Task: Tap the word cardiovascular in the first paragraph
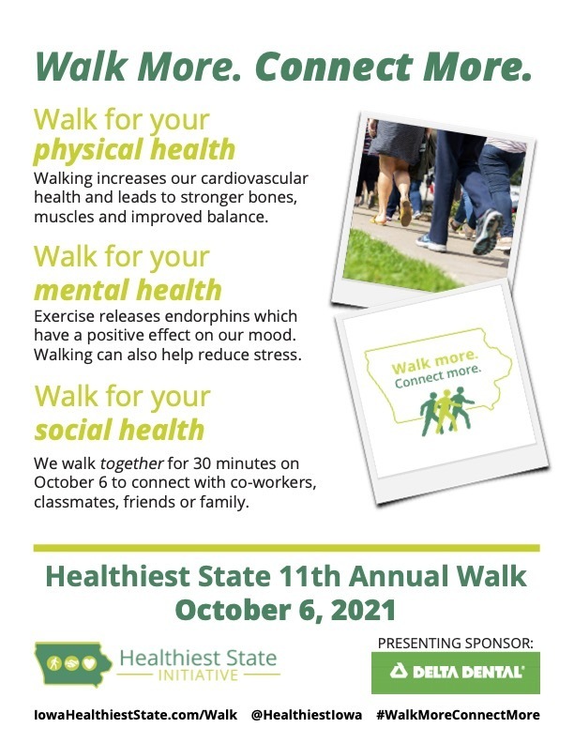[254, 178]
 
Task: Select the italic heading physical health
[134, 150]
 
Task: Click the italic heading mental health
[128, 290]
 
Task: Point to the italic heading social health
[119, 430]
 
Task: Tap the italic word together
[132, 463]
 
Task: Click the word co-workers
[273, 483]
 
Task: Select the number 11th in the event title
[310, 577]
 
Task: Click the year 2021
[363, 611]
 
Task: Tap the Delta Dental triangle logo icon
[399, 671]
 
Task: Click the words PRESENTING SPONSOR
[455, 644]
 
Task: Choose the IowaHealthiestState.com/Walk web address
[135, 715]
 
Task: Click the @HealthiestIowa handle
[307, 715]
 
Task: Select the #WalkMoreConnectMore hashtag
[458, 715]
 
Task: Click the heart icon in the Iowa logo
[89, 663]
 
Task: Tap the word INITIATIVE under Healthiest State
[198, 675]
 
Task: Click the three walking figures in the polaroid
[446, 411]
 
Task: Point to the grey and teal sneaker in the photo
[488, 233]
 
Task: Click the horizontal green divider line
[286, 548]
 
